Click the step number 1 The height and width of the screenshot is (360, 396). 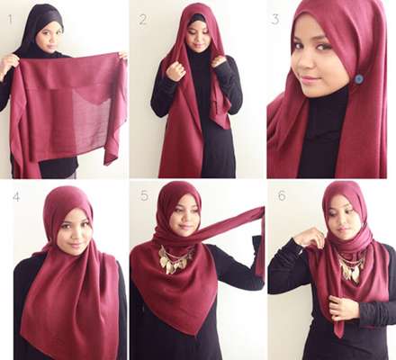(11, 20)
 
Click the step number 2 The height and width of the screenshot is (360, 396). (143, 20)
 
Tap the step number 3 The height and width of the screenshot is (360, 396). (274, 19)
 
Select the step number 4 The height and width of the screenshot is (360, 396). (16, 197)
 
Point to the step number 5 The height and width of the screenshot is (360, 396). (144, 196)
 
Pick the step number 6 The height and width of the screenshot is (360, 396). (282, 196)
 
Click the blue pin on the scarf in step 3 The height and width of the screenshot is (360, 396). (358, 79)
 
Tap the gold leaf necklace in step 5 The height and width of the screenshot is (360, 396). (175, 259)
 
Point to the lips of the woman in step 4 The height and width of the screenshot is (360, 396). (75, 245)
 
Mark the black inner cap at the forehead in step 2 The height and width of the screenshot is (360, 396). (197, 17)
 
